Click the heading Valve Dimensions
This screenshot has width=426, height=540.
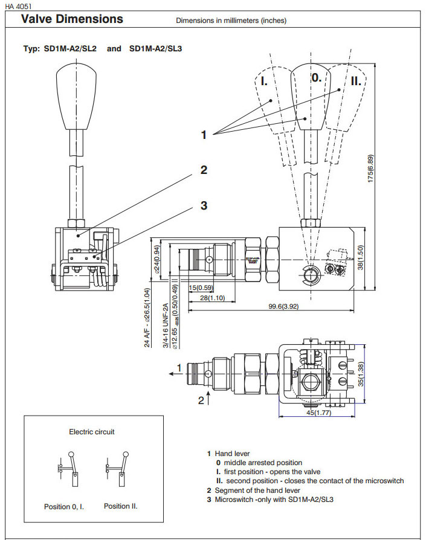tap(72, 19)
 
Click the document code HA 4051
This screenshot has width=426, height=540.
tap(19, 5)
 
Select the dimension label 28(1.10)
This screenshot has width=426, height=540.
tap(208, 298)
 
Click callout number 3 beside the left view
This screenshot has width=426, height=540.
tap(204, 205)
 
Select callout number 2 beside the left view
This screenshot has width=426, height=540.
tap(204, 170)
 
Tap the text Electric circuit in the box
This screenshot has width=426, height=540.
tap(92, 432)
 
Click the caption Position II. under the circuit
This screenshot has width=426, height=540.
tap(121, 506)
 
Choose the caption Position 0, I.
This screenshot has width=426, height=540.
tap(64, 507)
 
